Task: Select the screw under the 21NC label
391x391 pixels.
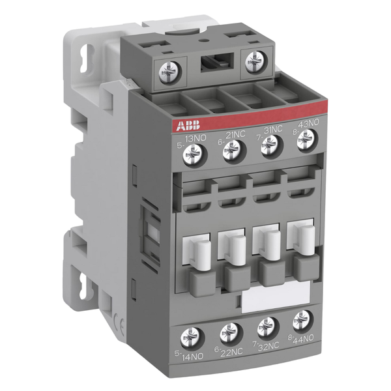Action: tap(232, 150)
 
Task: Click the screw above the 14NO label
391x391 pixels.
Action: tap(190, 338)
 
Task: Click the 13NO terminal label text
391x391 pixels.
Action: tap(195, 139)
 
